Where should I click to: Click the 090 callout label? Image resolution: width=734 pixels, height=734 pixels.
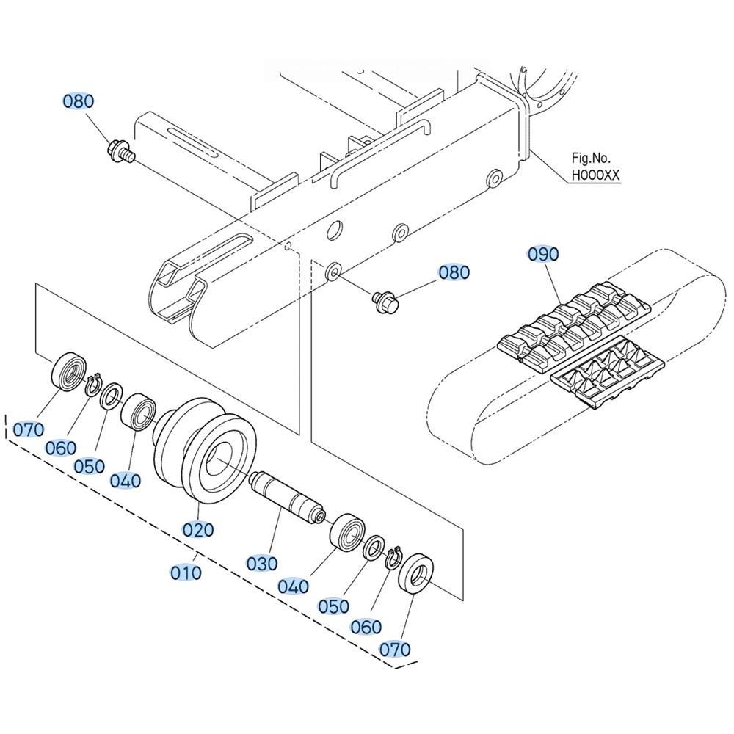coord(543,254)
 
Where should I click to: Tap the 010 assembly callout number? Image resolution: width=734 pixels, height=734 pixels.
coord(186,573)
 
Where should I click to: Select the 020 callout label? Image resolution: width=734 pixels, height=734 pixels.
coord(198,530)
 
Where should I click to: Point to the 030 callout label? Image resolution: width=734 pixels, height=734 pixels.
coord(262,564)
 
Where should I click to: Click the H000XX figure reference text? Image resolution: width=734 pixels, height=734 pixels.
coord(595,175)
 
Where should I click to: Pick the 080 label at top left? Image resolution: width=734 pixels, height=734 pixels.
coord(79,101)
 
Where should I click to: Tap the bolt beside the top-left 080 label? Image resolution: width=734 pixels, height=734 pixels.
coord(120,151)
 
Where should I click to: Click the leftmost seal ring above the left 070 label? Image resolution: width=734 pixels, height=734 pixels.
coord(69,370)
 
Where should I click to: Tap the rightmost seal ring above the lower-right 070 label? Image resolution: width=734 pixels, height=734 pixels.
coord(415,574)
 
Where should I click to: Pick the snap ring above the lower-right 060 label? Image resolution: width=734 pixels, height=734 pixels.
coord(394,557)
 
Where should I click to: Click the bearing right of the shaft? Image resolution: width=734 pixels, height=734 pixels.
coord(348,531)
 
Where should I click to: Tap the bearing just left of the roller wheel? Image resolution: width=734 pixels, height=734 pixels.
coord(138,411)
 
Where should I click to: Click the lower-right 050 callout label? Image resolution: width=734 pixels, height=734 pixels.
coord(334,606)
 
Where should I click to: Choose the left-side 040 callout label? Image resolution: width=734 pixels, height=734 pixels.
coord(126,480)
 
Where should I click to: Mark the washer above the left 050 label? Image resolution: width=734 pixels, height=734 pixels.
coord(112,397)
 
